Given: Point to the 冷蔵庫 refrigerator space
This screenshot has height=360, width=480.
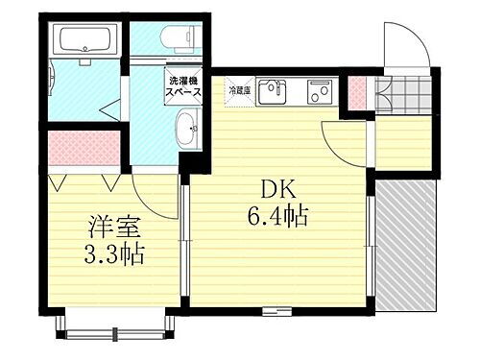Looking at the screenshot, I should click(239, 90).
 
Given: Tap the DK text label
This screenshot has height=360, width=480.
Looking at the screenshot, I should click(275, 189).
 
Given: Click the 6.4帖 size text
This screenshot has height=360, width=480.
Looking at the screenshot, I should click(276, 217).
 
